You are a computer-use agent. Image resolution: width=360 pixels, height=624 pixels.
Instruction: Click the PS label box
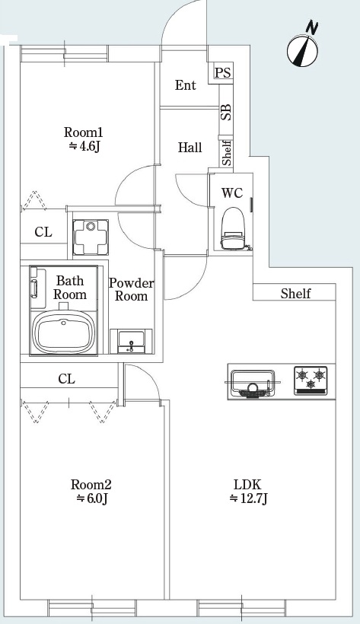tap(222, 73)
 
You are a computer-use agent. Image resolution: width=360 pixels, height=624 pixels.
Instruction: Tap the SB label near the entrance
tap(226, 112)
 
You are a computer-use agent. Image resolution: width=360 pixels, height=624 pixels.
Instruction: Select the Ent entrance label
tap(185, 84)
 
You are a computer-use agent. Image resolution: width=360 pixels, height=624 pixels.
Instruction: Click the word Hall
tap(190, 148)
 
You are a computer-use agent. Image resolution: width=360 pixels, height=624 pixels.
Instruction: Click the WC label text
tap(232, 193)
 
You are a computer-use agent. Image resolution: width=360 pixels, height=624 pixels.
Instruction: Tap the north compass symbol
tap(303, 46)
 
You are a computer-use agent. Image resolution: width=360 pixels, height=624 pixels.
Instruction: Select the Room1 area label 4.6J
tap(84, 146)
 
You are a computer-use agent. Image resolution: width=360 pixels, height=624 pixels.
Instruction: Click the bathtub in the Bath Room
tap(64, 332)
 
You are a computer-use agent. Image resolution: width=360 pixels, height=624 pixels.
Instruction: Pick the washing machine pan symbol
tap(91, 237)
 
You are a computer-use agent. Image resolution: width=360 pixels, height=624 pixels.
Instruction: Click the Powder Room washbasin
tap(131, 342)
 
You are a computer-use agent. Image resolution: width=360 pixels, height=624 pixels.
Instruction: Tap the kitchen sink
tap(253, 384)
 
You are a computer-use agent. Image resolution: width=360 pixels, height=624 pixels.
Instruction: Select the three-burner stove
tap(311, 380)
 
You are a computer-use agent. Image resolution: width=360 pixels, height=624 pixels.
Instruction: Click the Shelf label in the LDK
tap(295, 293)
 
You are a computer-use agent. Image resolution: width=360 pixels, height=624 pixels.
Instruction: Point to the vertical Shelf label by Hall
tap(227, 153)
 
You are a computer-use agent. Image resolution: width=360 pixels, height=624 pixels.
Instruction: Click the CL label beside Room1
tap(43, 232)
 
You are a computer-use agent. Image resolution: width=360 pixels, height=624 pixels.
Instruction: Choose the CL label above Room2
tap(66, 379)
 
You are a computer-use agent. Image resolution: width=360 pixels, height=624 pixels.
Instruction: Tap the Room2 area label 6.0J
tap(91, 498)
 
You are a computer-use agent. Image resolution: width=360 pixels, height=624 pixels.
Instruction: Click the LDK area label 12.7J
tap(248, 498)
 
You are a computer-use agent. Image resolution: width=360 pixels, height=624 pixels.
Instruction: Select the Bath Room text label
tap(70, 288)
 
